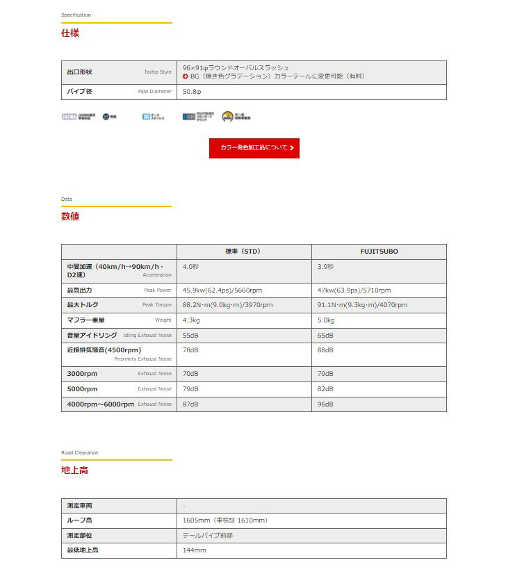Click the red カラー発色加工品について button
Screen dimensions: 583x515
254,148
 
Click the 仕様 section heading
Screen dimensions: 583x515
70,33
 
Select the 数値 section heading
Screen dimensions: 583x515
70,216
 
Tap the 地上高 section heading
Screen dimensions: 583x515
74,470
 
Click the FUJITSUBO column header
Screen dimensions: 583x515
379,252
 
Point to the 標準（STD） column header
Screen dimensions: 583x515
243,252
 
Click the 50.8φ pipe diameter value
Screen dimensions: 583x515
192,92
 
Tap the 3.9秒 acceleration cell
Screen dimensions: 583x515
325,266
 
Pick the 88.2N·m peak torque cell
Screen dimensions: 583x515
227,305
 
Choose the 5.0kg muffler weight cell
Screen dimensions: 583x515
326,320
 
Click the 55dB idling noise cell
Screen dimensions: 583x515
190,336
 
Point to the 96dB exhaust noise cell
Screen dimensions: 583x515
326,404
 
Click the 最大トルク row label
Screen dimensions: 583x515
82,305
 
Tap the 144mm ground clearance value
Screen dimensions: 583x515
195,550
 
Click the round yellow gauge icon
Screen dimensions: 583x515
227,117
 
